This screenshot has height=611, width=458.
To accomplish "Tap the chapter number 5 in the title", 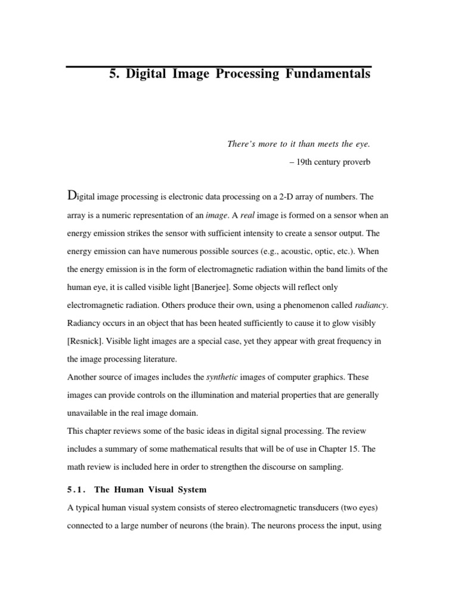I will [113, 74].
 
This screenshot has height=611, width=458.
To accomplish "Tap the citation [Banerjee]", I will [215, 269].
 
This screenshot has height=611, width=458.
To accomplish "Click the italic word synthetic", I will [221, 377].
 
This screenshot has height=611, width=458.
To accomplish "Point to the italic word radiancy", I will [371, 305].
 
